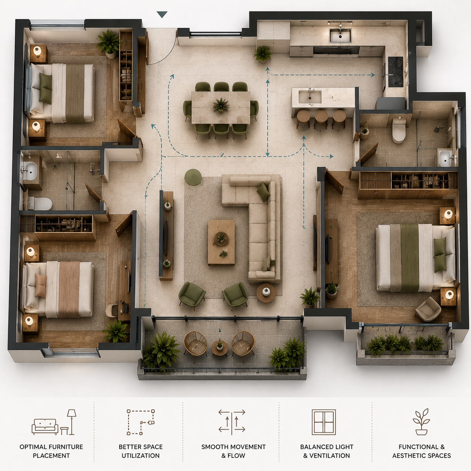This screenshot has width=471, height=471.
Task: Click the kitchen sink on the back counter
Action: pyautogui.click(x=340, y=36)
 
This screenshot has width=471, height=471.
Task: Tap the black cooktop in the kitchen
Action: pyautogui.click(x=396, y=72)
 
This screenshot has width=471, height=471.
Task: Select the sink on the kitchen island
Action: pyautogui.click(x=310, y=97)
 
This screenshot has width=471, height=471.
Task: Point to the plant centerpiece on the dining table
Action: pyautogui.click(x=221, y=105)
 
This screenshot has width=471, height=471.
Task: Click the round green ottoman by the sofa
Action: pyautogui.click(x=193, y=177)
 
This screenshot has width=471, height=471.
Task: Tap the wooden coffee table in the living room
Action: pyautogui.click(x=222, y=242)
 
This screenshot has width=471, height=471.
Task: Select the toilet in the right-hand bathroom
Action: pyautogui.click(x=399, y=131)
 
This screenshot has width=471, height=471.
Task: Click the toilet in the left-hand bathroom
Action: pyautogui.click(x=40, y=203)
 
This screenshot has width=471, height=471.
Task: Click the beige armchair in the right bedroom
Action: pyautogui.click(x=428, y=309)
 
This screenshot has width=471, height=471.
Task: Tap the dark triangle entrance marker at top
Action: pyautogui.click(x=162, y=15)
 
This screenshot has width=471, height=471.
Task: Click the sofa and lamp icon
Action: pyautogui.click(x=54, y=423)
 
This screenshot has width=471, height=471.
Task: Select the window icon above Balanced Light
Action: pyautogui.click(x=324, y=423)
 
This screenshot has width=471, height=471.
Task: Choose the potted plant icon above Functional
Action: pyautogui.click(x=421, y=422)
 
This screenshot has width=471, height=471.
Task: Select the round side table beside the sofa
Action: pyautogui.click(x=266, y=293)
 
